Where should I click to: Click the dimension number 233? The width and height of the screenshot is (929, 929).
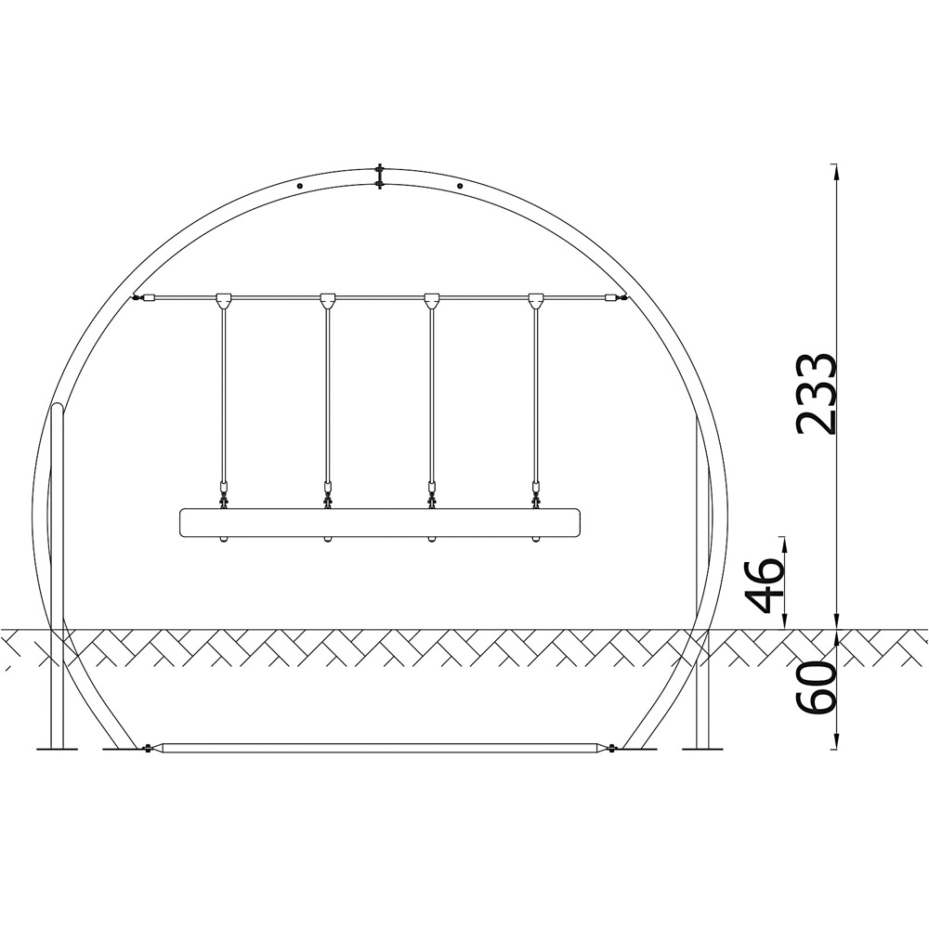point(816,394)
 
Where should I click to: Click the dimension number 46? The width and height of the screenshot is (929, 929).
point(764,584)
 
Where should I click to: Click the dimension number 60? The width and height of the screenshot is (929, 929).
point(816,687)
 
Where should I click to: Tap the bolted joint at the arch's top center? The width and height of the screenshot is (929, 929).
point(379,177)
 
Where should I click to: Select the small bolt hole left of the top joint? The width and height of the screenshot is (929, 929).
point(299,186)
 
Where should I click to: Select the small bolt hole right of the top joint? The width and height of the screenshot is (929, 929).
point(460,186)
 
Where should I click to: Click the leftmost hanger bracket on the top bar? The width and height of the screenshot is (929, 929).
point(224,301)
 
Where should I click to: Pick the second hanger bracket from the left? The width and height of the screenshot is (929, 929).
point(328,301)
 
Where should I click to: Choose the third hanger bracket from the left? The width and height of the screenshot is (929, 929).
point(432,301)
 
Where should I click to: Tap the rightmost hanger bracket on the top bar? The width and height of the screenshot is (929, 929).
point(536,301)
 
